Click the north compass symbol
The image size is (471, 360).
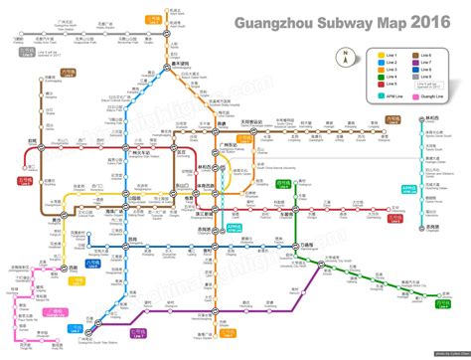344,57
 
